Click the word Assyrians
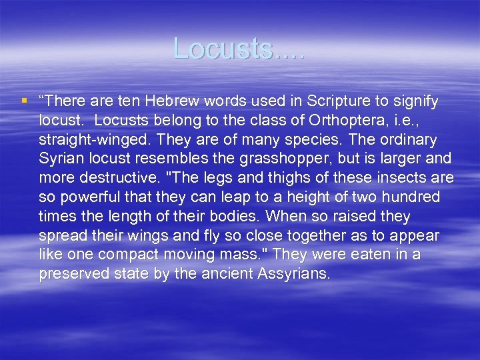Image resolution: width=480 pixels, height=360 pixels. pos(293,275)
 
